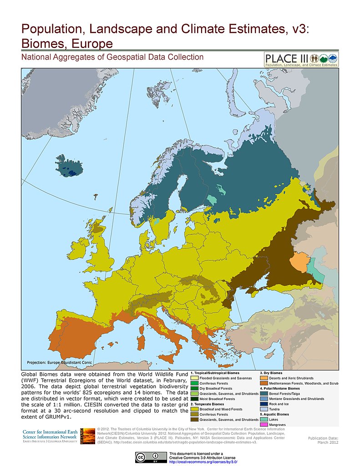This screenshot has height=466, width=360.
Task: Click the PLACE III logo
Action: pyautogui.click(x=301, y=59)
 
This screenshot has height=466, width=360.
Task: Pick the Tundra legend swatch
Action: pyautogui.click(x=264, y=409)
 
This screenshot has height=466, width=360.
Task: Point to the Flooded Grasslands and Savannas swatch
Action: pyautogui.click(x=195, y=378)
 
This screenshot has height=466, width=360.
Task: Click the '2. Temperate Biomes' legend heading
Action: pyautogui.click(x=207, y=404)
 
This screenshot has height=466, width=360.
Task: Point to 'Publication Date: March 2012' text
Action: pyautogui.click(x=323, y=440)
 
